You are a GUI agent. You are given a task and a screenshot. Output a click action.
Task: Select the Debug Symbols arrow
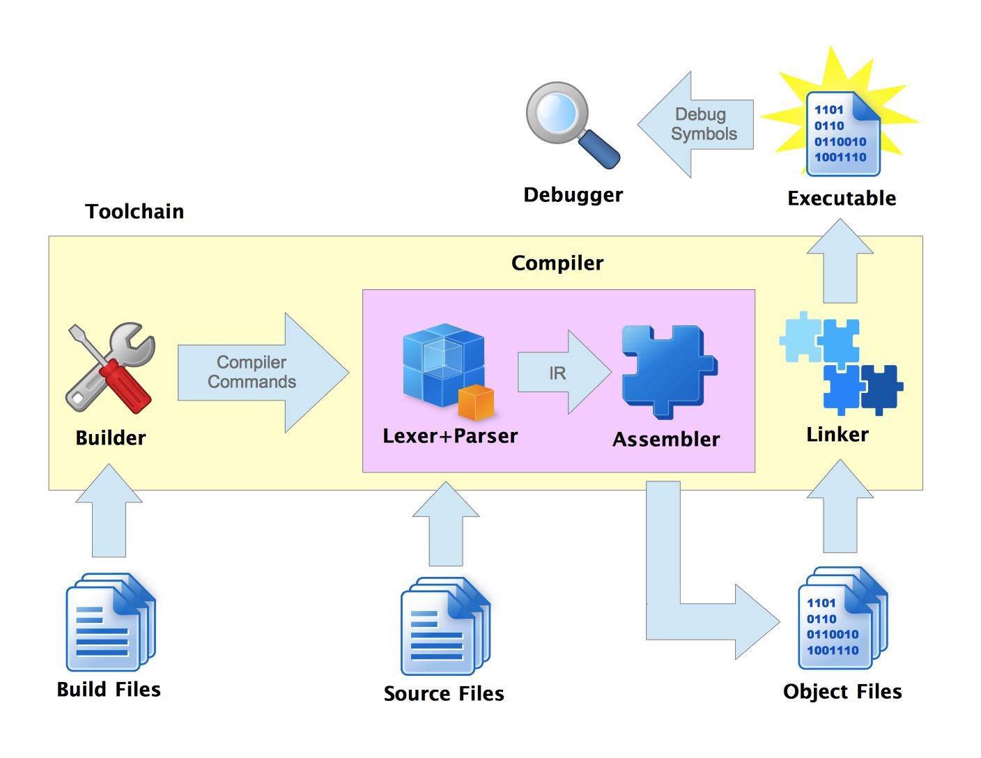[697, 125]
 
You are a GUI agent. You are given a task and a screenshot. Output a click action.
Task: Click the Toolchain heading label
[134, 212]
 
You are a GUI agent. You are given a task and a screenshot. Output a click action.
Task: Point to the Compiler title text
[557, 263]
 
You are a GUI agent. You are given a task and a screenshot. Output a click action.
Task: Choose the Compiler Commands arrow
[258, 373]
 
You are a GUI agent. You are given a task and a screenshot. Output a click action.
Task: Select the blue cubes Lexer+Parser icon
[443, 367]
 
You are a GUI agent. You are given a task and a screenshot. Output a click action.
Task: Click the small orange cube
[476, 403]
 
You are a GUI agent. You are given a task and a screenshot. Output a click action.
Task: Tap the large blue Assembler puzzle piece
[667, 370]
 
